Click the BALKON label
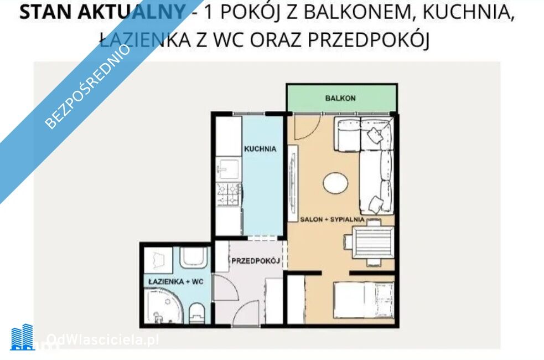340,98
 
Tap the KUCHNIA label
260,149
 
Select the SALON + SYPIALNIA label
332,219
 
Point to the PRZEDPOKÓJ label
256,261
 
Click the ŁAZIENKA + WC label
175,281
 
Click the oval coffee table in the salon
335,183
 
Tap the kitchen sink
227,169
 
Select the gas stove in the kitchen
229,194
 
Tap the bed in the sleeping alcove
364,300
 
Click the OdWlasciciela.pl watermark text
103,340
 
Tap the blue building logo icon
22,337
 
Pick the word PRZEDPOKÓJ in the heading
369,39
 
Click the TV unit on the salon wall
293,183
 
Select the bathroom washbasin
194,257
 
